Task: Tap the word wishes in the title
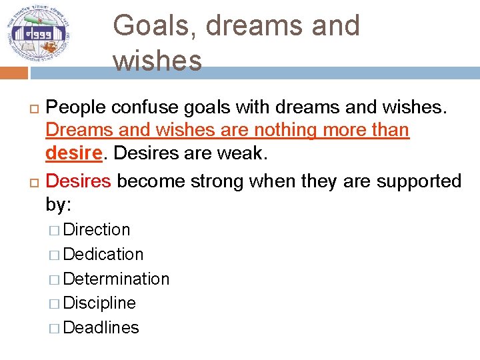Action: pos(157,60)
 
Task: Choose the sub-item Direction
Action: pos(97,230)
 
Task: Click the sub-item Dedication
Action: pos(103,255)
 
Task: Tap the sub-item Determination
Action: pos(116,279)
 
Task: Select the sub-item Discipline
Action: pos(99,303)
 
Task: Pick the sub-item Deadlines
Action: pos(101,328)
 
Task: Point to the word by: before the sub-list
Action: pos(59,204)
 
